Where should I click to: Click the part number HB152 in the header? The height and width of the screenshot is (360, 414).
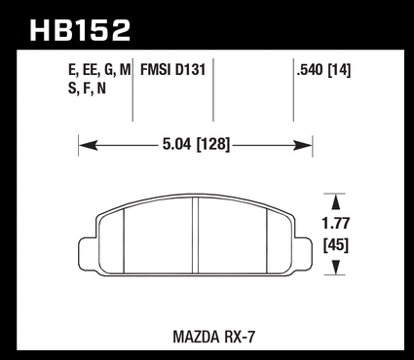[x=80, y=30]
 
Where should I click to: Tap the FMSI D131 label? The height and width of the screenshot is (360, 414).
[x=172, y=70]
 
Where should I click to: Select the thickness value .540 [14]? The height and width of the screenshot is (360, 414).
[x=323, y=70]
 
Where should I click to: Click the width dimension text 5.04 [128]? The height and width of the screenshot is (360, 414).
[x=196, y=144]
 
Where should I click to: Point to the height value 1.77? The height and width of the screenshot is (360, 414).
[x=336, y=224]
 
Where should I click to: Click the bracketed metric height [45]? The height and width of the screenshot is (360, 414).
[x=336, y=245]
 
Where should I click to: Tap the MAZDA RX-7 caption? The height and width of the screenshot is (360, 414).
[x=214, y=337]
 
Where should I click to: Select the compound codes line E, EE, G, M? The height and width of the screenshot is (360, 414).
[x=99, y=70]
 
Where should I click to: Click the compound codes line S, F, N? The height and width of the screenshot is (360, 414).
[x=87, y=89]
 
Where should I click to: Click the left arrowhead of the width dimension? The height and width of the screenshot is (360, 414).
[x=88, y=146]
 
